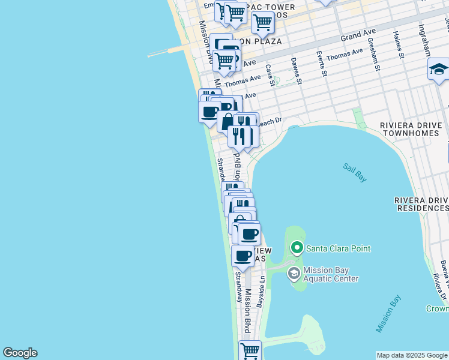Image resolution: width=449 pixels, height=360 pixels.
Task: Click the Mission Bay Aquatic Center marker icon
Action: (294, 274)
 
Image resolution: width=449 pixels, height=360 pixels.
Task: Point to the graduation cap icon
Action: (438, 69)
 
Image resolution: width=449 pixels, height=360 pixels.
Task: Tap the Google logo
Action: (20, 353)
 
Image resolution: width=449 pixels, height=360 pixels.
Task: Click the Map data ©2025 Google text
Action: (412, 355)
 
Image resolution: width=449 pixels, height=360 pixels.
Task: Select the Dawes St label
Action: (295, 70)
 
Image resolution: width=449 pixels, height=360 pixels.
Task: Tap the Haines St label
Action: (399, 46)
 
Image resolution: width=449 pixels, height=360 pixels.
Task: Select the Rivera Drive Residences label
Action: (421, 204)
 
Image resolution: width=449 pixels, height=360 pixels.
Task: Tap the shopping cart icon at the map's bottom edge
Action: (250, 350)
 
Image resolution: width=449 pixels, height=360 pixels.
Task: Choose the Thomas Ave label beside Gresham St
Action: (345, 55)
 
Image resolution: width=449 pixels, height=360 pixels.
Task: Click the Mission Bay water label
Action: (389, 313)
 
